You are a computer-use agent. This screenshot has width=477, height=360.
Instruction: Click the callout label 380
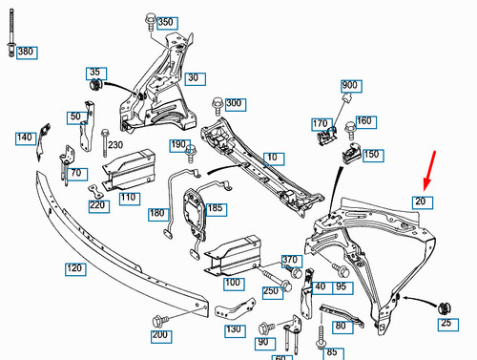[x=25, y=51]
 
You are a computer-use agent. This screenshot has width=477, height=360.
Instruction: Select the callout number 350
[x=165, y=22]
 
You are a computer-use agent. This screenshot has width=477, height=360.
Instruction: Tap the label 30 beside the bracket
[x=195, y=78]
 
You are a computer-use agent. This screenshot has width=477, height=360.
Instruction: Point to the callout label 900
[x=349, y=86]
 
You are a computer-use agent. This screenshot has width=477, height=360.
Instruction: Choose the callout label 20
[x=421, y=201]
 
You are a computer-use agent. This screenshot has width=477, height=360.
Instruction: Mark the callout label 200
[x=160, y=336]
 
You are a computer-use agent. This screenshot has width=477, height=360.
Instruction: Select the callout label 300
[x=234, y=103]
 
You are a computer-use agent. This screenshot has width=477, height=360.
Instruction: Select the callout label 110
[x=130, y=198]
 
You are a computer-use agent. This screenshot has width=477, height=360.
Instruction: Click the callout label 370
[x=291, y=260]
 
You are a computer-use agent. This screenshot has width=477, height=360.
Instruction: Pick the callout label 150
[x=371, y=154]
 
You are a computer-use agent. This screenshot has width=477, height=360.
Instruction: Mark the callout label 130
[x=234, y=329]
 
